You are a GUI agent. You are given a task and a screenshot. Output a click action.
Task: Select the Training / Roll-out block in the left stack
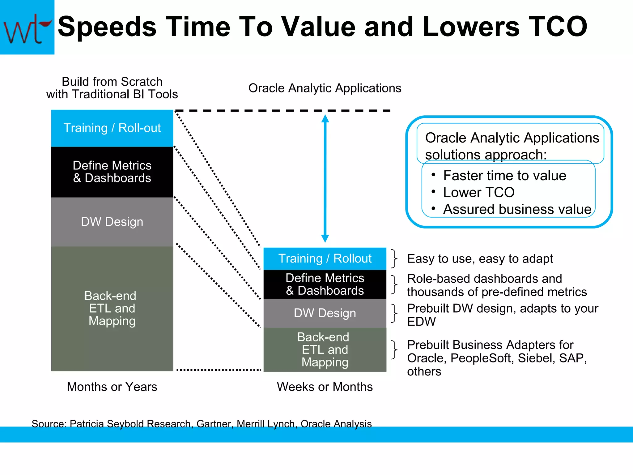point(112,128)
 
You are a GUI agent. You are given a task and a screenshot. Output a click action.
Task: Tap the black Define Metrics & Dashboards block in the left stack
point(112,172)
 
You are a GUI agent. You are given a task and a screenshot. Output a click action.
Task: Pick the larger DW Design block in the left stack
point(112,222)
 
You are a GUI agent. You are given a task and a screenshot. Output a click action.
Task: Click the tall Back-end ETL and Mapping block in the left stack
point(112,308)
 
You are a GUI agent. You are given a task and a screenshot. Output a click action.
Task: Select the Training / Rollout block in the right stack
point(325,259)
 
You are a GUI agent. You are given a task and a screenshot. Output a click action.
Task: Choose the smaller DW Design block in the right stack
point(325,313)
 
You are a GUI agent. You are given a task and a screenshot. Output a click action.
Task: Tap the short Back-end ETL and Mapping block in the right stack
point(325,349)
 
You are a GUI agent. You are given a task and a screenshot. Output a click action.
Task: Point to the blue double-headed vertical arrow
point(325,178)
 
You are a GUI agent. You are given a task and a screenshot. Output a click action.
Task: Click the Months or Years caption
point(112,387)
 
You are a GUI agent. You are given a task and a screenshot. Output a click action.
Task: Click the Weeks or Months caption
point(325,387)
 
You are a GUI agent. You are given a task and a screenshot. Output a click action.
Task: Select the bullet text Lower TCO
point(478,192)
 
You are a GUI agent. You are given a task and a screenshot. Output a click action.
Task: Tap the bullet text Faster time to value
point(504,176)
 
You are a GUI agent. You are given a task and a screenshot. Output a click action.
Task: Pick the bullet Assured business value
point(517,209)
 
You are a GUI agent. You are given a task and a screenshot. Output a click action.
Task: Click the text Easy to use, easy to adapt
point(480,259)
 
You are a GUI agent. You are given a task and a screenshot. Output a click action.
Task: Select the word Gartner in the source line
point(214,424)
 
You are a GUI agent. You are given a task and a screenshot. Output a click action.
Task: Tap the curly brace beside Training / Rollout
point(394,259)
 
